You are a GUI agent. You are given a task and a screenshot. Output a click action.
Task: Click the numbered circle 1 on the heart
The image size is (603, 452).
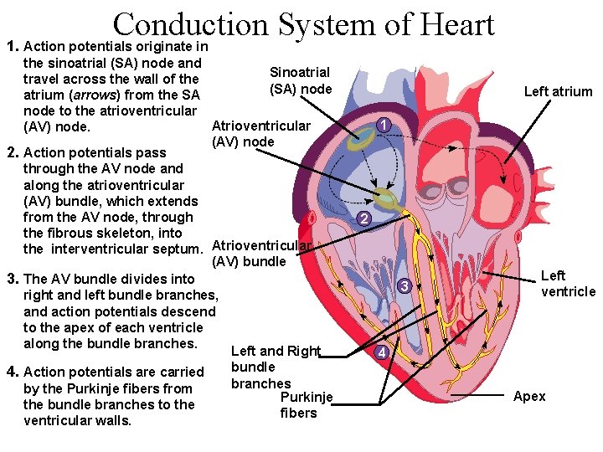pyautogui.click(x=382, y=126)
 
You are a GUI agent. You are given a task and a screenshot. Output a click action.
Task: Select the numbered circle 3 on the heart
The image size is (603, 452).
pyautogui.click(x=404, y=287)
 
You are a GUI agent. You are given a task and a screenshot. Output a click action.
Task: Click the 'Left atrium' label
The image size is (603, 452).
pyautogui.click(x=558, y=92)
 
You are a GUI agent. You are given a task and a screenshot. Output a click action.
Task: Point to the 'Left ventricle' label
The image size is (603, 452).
pyautogui.click(x=568, y=284)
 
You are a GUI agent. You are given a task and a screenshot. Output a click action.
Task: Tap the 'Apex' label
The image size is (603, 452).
pyautogui.click(x=529, y=396)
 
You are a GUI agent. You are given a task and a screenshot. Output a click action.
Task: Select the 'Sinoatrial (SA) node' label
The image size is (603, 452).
pyautogui.click(x=301, y=81)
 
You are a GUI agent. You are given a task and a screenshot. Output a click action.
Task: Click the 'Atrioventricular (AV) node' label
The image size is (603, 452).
pyautogui.click(x=260, y=134)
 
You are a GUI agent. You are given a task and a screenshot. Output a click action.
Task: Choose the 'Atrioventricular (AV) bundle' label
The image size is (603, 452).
pyautogui.click(x=262, y=253)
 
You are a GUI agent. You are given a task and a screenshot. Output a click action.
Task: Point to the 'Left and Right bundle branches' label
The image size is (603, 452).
pyautogui.click(x=274, y=367)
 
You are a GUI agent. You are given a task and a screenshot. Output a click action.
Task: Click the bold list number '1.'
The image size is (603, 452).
pyautogui.click(x=12, y=47)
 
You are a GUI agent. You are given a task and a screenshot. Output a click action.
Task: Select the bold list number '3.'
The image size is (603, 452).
pyautogui.click(x=13, y=278)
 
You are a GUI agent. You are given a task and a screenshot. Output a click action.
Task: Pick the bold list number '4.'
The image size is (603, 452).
pyautogui.click(x=13, y=372)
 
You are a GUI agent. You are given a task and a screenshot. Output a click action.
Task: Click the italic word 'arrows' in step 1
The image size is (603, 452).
pyautogui.click(x=96, y=95)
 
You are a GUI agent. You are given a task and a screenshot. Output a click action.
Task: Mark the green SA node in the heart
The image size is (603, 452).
pyautogui.click(x=363, y=141)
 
